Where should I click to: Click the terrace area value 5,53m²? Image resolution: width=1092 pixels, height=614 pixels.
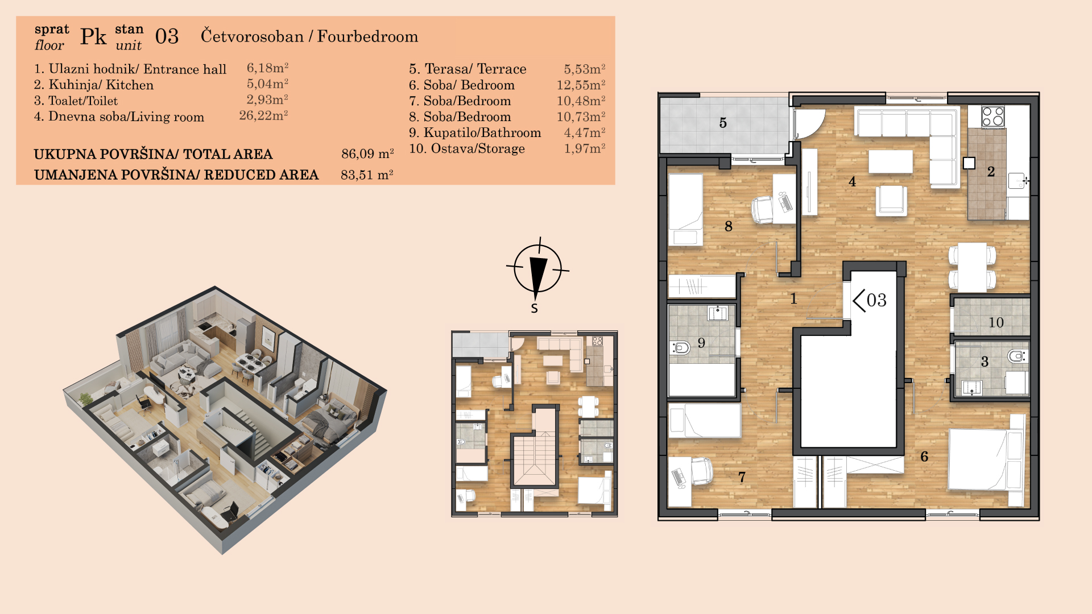coord(584,69)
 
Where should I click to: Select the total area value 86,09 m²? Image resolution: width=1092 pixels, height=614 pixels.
coord(367,153)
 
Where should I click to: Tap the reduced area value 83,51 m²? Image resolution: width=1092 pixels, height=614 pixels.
coord(367,175)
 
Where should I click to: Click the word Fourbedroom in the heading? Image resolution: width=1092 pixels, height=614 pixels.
coord(367,36)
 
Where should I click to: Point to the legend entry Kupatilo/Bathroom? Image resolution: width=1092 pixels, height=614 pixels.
coord(482,132)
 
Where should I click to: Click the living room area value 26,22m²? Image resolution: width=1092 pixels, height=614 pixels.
coord(263,115)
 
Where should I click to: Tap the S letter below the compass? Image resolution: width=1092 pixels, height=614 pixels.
coord(534,309)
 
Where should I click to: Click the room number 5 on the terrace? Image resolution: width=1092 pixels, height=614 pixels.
coord(723,123)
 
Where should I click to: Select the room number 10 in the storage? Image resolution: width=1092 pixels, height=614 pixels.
coord(996,322)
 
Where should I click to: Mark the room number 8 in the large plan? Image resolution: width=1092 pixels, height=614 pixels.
coord(729,226)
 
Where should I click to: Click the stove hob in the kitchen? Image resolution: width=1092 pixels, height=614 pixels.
coord(993,117)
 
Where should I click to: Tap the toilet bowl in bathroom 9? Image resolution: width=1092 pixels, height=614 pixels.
coord(680,347)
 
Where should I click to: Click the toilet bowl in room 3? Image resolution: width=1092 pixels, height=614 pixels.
coord(1017,356)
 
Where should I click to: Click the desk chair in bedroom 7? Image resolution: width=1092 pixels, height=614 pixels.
coord(702,471)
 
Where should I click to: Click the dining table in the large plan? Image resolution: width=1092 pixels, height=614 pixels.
coord(972,267)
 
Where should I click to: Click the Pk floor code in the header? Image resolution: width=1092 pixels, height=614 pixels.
coord(93,37)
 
